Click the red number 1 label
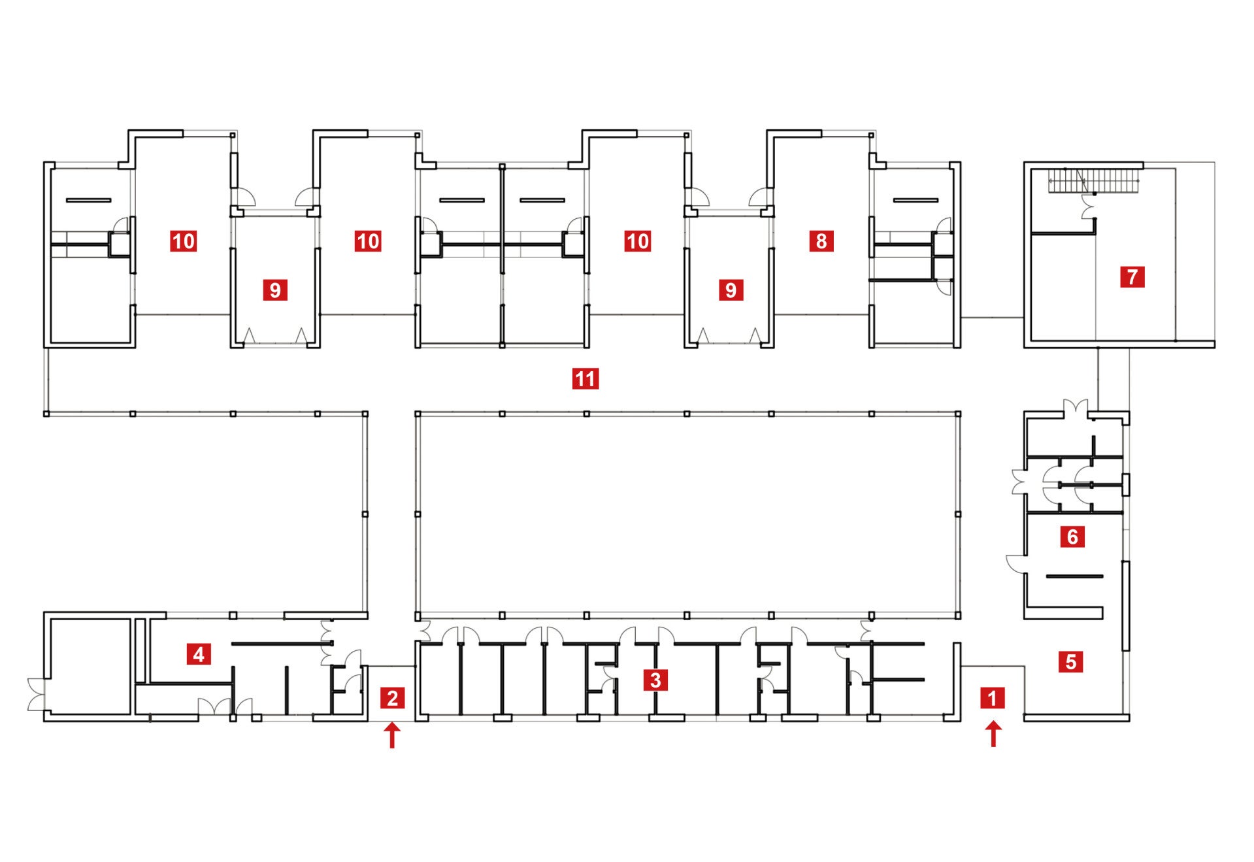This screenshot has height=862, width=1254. [x=992, y=698]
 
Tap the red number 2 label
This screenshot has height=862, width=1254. [x=392, y=698]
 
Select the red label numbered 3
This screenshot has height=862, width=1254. [x=655, y=680]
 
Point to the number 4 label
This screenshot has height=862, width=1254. [x=199, y=654]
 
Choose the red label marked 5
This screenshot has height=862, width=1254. [x=1070, y=661]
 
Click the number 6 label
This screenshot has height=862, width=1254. [x=1072, y=537]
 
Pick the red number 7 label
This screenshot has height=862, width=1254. [x=1132, y=276]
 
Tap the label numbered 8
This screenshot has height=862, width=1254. [x=821, y=241]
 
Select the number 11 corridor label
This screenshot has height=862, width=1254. [x=585, y=379]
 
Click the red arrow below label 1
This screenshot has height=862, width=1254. [x=993, y=733]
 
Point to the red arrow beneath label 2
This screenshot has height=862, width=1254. [x=392, y=735]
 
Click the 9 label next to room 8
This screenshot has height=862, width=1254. [x=731, y=290]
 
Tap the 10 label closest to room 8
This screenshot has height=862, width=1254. [x=638, y=241]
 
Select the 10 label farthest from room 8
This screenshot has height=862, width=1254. [x=183, y=241]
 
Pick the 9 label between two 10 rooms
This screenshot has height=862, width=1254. [x=275, y=290]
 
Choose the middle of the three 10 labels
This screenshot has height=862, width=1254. [x=368, y=241]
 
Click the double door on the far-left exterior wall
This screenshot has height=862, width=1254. [x=37, y=694]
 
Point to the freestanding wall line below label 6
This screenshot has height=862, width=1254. [x=1074, y=576]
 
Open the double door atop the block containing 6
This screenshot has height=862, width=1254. [x=1075, y=408]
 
